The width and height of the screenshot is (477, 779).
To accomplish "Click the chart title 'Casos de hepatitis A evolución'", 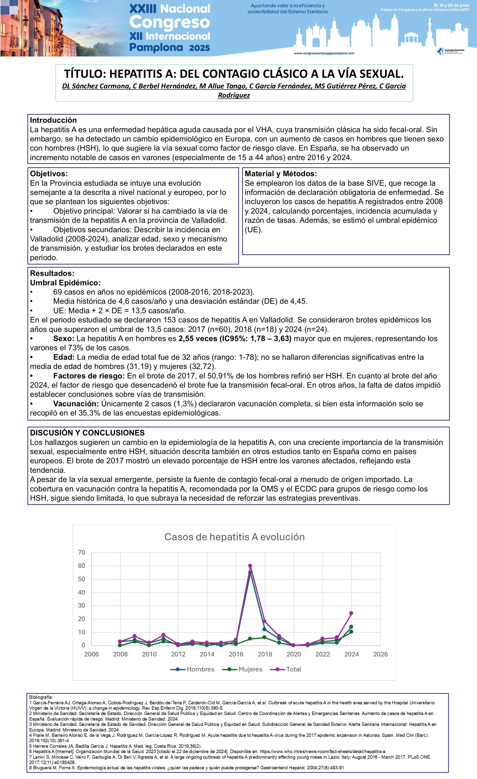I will [x=234, y=537].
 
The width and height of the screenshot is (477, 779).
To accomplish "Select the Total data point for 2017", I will [x=250, y=566].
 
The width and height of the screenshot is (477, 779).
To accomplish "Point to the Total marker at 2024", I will [x=351, y=613].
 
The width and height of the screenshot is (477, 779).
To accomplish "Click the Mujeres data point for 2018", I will [x=264, y=637].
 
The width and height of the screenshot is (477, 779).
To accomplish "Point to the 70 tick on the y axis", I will [x=81, y=552].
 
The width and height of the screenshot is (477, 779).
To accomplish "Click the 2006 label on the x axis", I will [x=91, y=654].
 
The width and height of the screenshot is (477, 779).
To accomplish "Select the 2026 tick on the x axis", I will [x=380, y=654].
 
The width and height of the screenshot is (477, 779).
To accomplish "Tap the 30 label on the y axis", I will [x=81, y=605].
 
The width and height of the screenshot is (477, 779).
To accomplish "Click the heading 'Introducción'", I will [x=53, y=120].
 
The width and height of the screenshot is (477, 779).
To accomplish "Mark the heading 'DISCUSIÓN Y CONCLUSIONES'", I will [x=87, y=433].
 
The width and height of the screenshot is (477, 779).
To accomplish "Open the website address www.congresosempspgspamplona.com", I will [x=324, y=53].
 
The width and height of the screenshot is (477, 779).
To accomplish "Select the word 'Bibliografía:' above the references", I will [x=41, y=697].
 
